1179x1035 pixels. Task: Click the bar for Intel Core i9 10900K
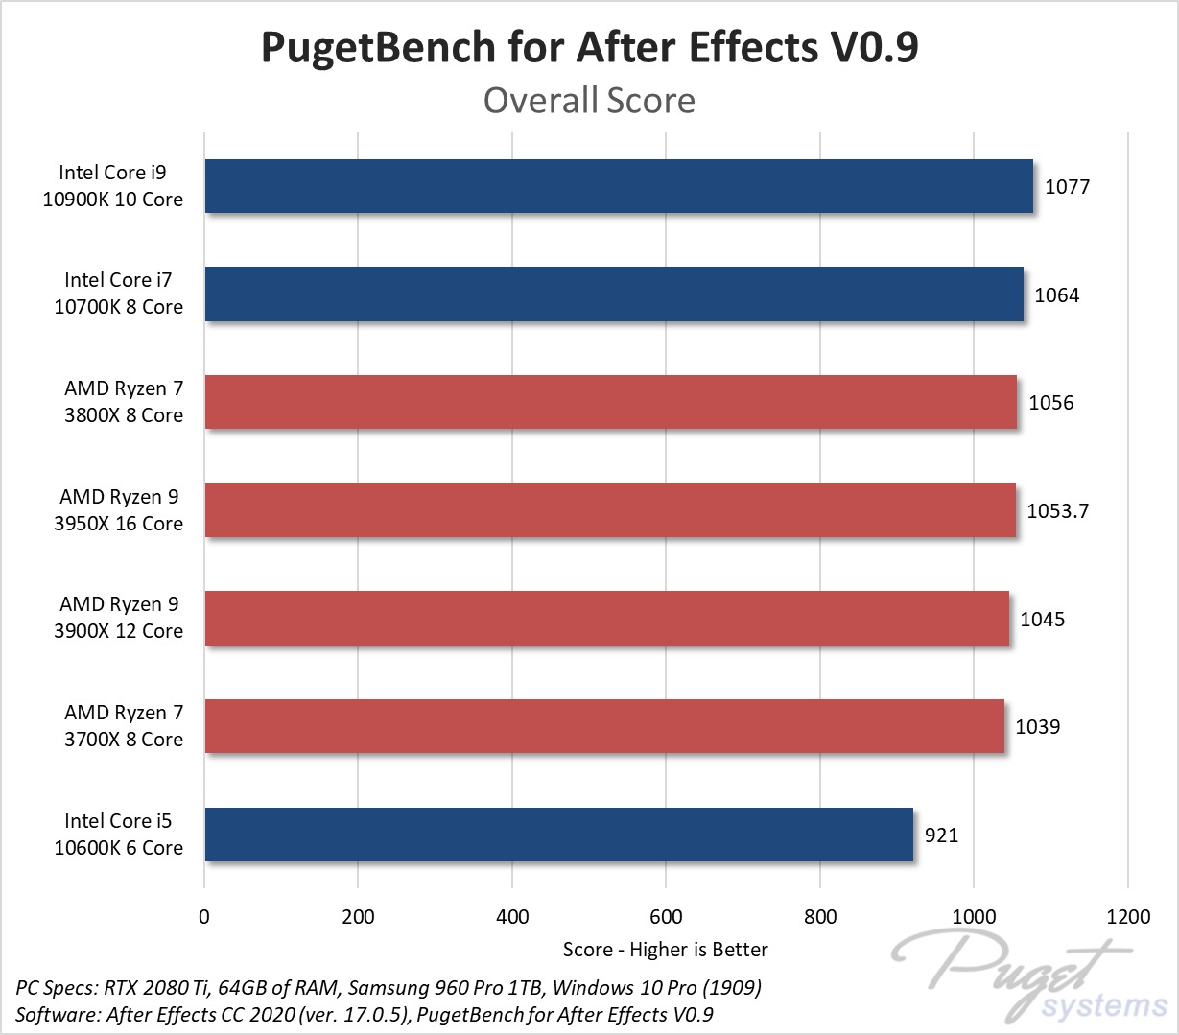(x=619, y=186)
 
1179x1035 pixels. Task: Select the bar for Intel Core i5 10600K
(x=558, y=835)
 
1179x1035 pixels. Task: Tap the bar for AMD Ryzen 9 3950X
(x=610, y=510)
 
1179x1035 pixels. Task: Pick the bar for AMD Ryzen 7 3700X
(x=604, y=726)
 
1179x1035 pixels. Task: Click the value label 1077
(x=1067, y=187)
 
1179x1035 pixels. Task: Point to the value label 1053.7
(x=1057, y=511)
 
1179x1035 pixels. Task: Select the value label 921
(x=941, y=835)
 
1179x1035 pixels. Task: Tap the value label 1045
(x=1042, y=620)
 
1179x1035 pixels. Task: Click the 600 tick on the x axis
(x=666, y=917)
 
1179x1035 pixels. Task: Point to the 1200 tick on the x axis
(x=1127, y=917)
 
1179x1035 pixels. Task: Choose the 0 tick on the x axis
(x=204, y=917)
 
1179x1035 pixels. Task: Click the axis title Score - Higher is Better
(x=665, y=950)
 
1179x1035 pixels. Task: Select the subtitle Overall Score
(x=589, y=101)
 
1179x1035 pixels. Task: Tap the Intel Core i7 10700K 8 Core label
(x=119, y=294)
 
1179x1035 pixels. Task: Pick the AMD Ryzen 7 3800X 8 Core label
(x=123, y=402)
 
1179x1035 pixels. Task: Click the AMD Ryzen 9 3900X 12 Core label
(x=119, y=618)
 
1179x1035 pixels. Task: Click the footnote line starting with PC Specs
(x=389, y=988)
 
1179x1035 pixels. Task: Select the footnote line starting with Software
(x=365, y=1015)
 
